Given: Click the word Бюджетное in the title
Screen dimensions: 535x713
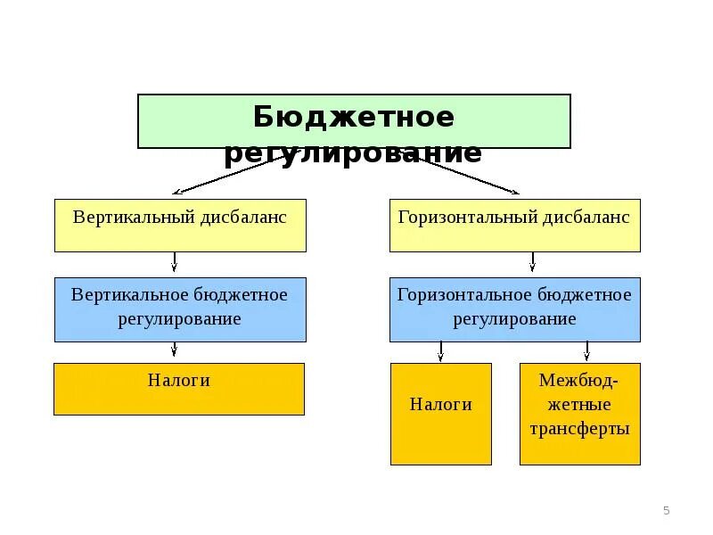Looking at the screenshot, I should click(x=353, y=117).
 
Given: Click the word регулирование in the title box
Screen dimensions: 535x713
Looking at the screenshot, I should click(x=353, y=153).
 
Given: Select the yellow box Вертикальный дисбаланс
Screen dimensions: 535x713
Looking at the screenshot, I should click(x=180, y=225).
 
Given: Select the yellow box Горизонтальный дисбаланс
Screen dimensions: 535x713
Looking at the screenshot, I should click(x=514, y=225).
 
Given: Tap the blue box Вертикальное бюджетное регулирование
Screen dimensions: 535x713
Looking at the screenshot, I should click(x=180, y=309).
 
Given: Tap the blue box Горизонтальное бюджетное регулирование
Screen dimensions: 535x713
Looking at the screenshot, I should click(x=514, y=309).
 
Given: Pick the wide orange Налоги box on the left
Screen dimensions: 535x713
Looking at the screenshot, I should click(x=179, y=389).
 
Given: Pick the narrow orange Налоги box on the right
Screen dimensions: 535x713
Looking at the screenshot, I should click(x=440, y=414).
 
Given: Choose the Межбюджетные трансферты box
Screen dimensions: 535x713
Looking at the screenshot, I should click(x=579, y=414).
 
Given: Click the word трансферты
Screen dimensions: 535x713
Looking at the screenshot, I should click(x=579, y=429).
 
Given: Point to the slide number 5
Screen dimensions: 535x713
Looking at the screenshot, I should click(x=666, y=510).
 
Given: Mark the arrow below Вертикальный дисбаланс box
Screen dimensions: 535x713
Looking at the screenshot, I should click(x=175, y=262).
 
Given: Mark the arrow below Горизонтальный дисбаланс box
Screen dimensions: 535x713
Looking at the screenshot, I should click(x=533, y=262).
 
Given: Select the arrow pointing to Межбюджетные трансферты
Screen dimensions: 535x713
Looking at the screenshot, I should click(x=586, y=350).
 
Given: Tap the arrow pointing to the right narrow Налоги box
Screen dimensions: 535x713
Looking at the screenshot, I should click(x=440, y=350).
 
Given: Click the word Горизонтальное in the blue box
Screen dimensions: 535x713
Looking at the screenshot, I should click(x=455, y=294).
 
